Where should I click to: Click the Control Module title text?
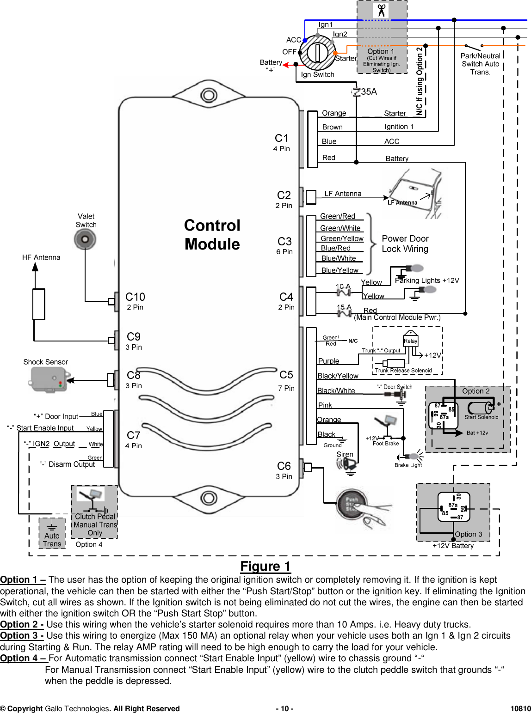212,235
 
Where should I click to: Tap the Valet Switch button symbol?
85,239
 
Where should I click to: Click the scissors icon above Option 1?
381,10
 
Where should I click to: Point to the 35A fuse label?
369,92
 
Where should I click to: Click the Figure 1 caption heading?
265,567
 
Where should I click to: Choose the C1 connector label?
281,138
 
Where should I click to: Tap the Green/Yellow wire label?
342,238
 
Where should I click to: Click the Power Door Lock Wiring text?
405,244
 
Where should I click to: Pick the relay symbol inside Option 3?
453,507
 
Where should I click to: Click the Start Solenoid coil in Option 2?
481,408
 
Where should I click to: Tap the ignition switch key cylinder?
317,52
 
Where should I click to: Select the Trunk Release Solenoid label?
403,371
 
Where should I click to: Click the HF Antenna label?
41,257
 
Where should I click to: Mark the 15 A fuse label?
344,307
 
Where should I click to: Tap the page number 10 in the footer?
284,709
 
